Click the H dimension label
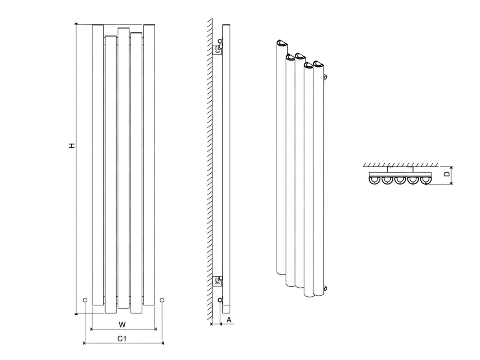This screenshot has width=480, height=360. [x=72, y=146]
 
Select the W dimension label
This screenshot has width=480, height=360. [x=122, y=324]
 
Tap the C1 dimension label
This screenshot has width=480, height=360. [x=122, y=338]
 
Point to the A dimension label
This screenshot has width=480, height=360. [x=229, y=320]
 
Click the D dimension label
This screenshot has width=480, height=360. [x=447, y=174]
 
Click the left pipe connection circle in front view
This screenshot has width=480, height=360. [x=85, y=300]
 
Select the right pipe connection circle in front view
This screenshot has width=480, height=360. [x=162, y=300]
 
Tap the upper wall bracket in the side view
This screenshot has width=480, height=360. [x=218, y=50]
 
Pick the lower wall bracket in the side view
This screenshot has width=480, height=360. [x=218, y=281]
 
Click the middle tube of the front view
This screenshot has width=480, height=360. [x=124, y=168]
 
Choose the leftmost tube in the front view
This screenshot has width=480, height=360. [x=98, y=165]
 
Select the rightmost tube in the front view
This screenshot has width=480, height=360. [x=149, y=165]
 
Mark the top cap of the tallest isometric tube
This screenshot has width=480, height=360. [x=282, y=43]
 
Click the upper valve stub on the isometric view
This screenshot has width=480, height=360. [x=325, y=77]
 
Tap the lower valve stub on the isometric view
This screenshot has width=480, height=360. [x=325, y=288]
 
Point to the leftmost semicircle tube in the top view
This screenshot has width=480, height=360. [x=374, y=180]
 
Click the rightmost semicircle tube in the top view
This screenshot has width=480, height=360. [x=426, y=180]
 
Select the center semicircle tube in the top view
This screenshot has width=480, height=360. [x=400, y=180]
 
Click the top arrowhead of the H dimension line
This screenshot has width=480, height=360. [x=76, y=24]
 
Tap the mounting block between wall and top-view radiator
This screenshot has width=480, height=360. [x=400, y=170]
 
